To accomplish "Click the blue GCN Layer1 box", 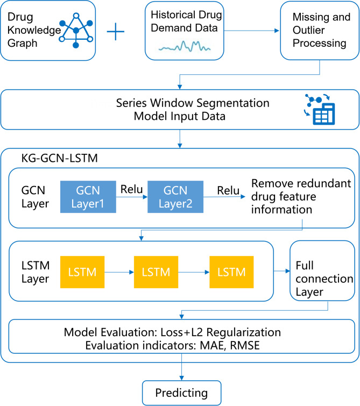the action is point(88,197).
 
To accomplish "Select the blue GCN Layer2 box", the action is point(175,197).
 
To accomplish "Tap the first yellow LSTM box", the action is point(82,272).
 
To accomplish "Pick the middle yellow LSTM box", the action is point(156,272).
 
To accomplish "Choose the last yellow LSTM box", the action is point(231,272).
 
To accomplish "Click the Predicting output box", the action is point(182,393).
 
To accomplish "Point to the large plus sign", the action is point(116,32).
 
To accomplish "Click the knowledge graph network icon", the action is point(76,31).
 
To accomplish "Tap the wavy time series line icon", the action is point(185,46).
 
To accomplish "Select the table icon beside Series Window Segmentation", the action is point(320,110).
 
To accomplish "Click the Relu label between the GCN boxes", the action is point(132,189).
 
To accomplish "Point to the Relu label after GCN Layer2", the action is point(228,190).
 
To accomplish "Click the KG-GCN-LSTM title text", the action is point(60,158).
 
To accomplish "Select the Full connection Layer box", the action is point(322,271).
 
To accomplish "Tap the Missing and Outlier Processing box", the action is point(320,31).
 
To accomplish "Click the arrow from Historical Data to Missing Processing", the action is point(251,31).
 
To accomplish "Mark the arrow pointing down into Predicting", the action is point(182,367).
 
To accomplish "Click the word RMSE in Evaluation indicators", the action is point(245,346).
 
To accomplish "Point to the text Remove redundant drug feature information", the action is point(301,196).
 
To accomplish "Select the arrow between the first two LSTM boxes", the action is point(119,272).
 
